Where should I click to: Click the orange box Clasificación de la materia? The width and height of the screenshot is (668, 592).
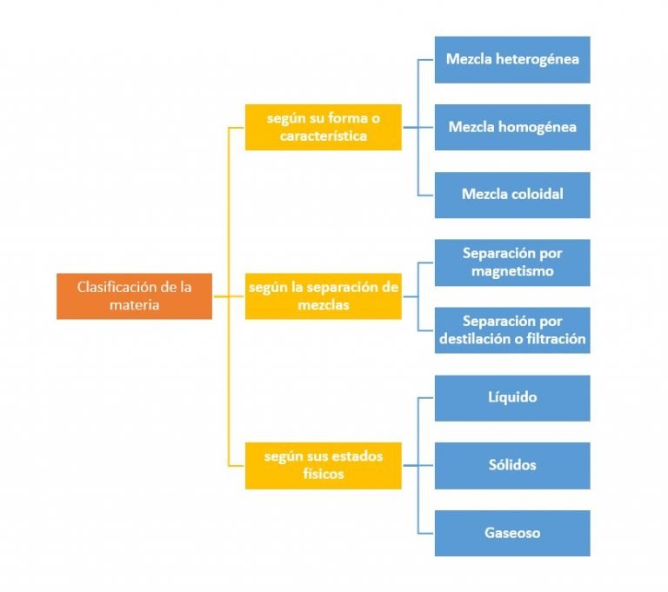coord(134,296)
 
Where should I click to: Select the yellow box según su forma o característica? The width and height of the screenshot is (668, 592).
coord(323,127)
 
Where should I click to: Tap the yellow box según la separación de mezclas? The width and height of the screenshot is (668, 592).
coord(323,296)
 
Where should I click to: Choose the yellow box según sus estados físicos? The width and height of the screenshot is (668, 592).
coord(323,465)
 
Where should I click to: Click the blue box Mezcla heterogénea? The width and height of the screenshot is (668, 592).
coord(512,59)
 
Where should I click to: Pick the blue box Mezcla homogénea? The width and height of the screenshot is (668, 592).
coord(512,127)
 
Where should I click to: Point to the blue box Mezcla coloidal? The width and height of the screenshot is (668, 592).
coord(512,195)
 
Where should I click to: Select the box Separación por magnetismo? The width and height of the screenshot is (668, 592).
coord(512,263)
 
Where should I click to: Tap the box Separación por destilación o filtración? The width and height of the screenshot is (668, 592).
coord(512,330)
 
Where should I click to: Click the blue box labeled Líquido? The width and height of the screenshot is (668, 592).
coord(512,397)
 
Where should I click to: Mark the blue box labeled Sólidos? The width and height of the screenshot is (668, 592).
coord(512,465)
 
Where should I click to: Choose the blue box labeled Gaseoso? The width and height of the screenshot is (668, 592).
coord(512,533)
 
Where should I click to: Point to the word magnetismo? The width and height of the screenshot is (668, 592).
coord(512,271)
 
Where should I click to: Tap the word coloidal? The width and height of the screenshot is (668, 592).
coord(537,195)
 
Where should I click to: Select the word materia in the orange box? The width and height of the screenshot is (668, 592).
coord(134,305)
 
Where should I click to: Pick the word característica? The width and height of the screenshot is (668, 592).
coord(323,136)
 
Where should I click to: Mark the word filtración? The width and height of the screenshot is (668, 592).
coord(552,339)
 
